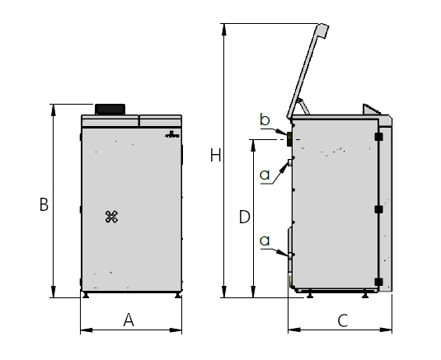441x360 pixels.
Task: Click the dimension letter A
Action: [129, 320]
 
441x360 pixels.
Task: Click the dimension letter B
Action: [44, 204]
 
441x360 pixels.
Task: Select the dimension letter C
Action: [343, 320]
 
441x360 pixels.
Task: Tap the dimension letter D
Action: [245, 217]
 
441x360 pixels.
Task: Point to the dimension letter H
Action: [215, 155]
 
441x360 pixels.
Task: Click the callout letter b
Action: [265, 119]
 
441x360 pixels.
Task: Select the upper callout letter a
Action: [265, 175]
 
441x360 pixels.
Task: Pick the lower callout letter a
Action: [265, 241]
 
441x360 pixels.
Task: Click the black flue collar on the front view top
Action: [110, 109]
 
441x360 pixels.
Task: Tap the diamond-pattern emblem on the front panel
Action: [111, 217]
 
